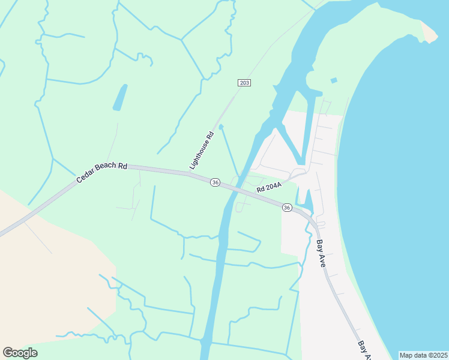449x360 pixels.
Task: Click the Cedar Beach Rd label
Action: [x=102, y=172]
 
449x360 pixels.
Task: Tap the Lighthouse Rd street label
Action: [x=202, y=150]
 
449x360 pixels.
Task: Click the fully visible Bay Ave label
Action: [x=321, y=253]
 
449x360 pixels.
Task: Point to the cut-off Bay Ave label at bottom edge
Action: [x=364, y=351]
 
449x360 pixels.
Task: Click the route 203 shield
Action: [x=244, y=82]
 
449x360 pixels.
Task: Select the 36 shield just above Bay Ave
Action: [x=287, y=208]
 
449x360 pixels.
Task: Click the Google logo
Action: [x=20, y=353]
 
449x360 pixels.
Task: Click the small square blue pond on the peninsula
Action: [x=334, y=80]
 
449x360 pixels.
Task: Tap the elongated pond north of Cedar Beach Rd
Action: [x=120, y=97]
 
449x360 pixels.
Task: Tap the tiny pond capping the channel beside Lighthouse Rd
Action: [x=221, y=127]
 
